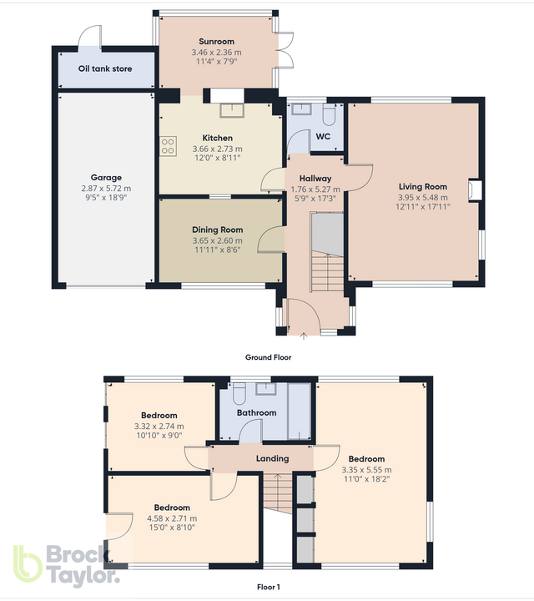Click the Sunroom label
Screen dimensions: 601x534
point(216,41)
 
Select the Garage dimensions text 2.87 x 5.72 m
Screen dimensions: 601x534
point(106,188)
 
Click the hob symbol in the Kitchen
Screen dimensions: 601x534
point(168,147)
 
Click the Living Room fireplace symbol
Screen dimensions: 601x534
point(475,191)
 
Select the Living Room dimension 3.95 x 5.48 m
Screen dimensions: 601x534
point(423,197)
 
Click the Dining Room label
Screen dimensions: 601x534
point(217,230)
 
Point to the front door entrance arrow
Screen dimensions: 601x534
point(303,336)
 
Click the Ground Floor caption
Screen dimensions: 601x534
point(268,356)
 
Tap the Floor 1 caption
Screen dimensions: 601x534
point(267,587)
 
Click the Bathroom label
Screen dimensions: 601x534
point(256,412)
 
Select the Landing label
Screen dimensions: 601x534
point(272,458)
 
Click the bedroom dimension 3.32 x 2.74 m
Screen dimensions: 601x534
point(159,426)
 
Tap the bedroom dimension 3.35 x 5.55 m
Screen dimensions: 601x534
point(366,470)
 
